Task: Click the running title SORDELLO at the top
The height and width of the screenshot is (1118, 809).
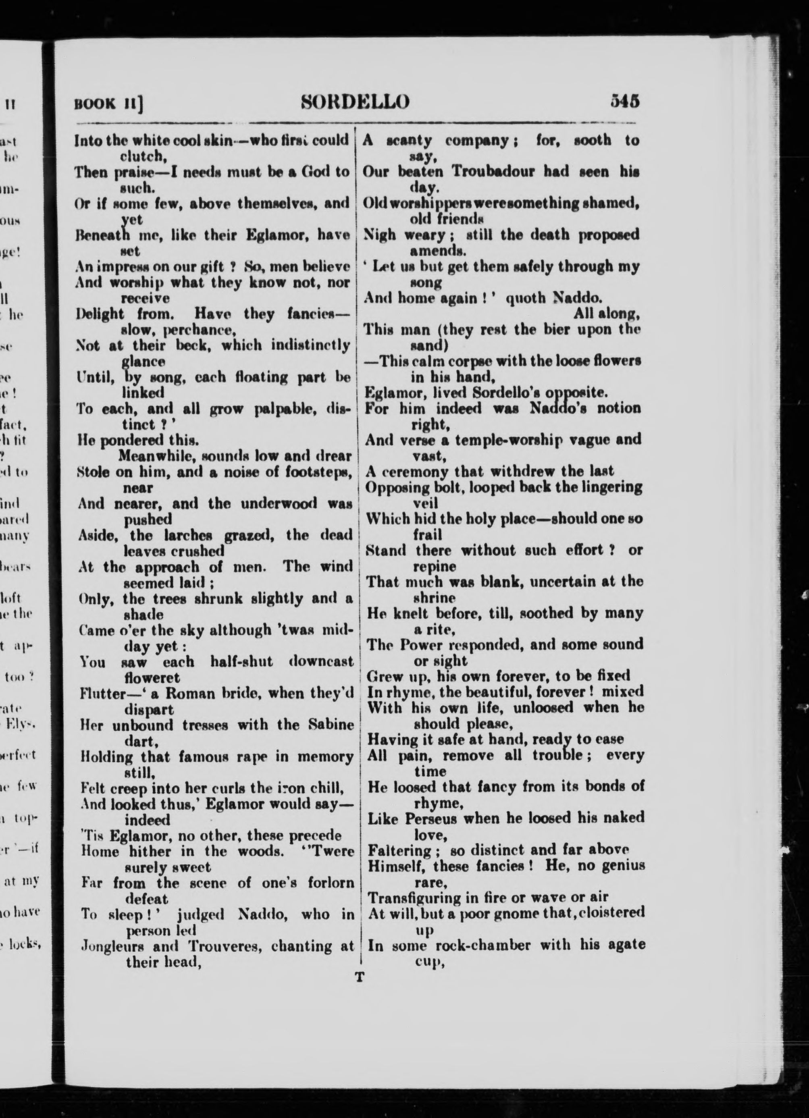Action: coord(355,102)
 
